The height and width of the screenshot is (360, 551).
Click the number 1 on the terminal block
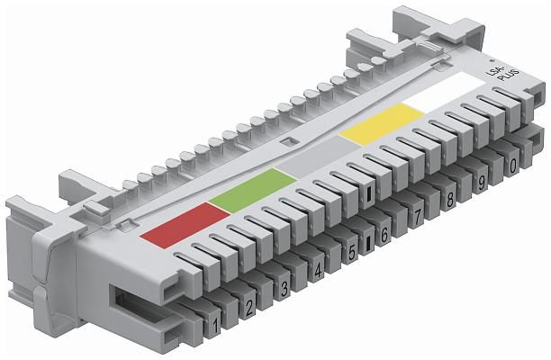click(x=215, y=326)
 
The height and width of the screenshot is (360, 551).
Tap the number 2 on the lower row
click(x=249, y=307)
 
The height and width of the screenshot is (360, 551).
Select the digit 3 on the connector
click(x=284, y=288)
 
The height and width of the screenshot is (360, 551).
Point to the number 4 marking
click(x=318, y=271)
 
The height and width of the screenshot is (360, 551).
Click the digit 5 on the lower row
click(x=352, y=252)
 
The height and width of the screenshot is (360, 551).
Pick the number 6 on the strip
click(x=384, y=235)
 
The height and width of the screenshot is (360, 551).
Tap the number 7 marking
click(x=417, y=217)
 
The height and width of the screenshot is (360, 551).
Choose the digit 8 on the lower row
click(x=449, y=200)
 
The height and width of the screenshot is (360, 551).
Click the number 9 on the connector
click(x=482, y=183)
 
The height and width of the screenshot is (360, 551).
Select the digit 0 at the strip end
click(x=512, y=166)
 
